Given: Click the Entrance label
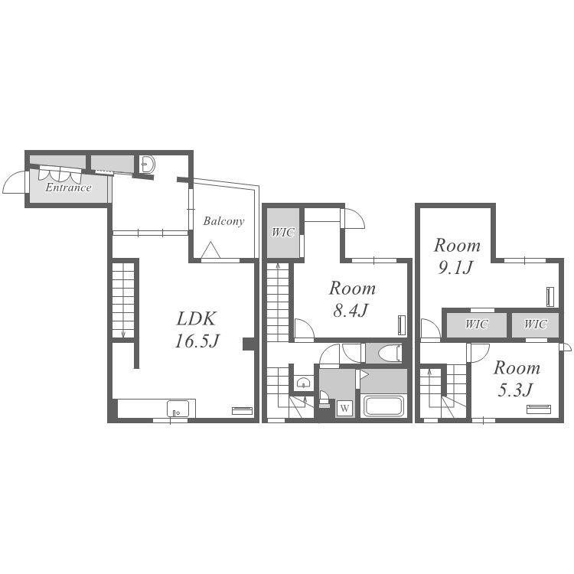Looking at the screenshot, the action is [x=68, y=188].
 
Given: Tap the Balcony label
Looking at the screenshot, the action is [x=223, y=221].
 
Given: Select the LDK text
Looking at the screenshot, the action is [x=197, y=318].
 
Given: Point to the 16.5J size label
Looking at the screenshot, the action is [x=197, y=341].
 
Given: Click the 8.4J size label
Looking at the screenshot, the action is [x=351, y=311].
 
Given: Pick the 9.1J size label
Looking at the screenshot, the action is [x=456, y=268].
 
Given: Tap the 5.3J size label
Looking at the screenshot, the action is [x=515, y=390].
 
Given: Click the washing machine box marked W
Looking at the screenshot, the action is [x=344, y=408].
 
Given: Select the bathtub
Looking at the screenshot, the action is [x=383, y=406].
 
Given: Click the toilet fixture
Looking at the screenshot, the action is [x=390, y=354].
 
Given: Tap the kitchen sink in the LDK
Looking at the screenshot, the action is [x=178, y=409].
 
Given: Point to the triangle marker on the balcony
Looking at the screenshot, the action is [x=210, y=250].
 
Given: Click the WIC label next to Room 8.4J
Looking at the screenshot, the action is [x=283, y=232].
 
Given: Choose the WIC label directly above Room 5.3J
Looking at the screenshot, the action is [x=536, y=324].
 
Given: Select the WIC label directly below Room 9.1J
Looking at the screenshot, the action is [x=477, y=324].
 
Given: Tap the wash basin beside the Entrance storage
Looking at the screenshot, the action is [x=148, y=165].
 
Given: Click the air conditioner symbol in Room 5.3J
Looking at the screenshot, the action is [x=539, y=409].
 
